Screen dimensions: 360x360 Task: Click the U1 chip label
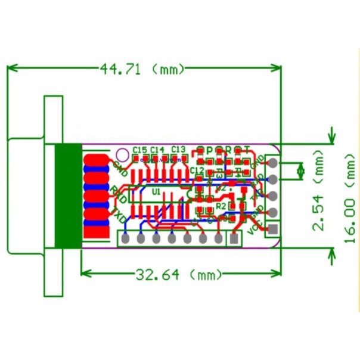[x=156, y=191]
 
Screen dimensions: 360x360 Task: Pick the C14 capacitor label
[x=157, y=149]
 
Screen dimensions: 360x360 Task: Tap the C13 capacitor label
[x=178, y=148]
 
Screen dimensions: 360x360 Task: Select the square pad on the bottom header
[x=234, y=238]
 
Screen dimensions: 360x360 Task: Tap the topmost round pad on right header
[x=273, y=162]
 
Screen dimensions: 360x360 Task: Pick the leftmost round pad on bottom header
[x=126, y=238]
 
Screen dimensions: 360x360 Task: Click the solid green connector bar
[x=67, y=197]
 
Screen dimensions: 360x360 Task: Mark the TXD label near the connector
[x=118, y=213]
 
